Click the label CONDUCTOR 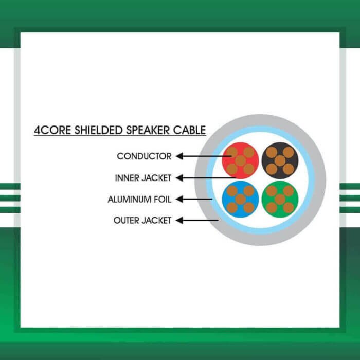pos(144,156)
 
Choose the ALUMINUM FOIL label pos(139,199)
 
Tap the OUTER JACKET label pos(142,221)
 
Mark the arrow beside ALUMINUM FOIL pos(195,199)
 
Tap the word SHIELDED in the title pos(94,130)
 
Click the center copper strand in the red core pos(240,160)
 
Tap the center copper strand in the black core pos(280,160)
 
